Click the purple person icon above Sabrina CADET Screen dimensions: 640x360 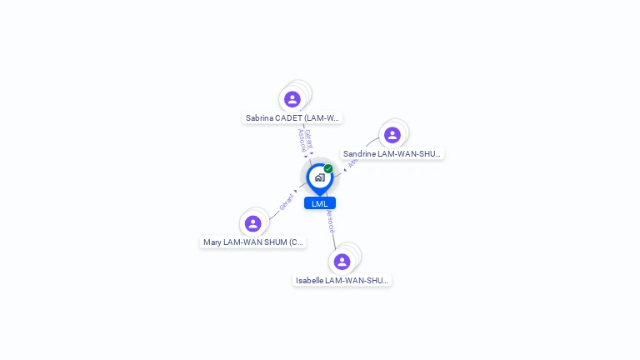[292, 99]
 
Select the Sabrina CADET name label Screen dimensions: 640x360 [292, 118]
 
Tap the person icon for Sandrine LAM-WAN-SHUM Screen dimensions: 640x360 [392, 135]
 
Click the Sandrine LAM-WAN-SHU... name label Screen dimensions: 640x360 [392, 154]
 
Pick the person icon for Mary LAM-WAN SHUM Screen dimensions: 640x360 [252, 223]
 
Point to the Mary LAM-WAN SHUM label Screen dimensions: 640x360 [253, 242]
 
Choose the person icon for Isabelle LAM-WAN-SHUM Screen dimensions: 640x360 [342, 262]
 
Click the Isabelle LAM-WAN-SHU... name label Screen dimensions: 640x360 [342, 281]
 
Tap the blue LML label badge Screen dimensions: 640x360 [320, 203]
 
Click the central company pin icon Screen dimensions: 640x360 [319, 177]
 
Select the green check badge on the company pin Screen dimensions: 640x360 [328, 168]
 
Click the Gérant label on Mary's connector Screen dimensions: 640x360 [286, 202]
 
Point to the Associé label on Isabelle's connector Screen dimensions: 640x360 [331, 220]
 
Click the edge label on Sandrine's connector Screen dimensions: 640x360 [353, 162]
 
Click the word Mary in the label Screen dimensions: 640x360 [213, 242]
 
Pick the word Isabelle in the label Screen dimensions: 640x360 [309, 281]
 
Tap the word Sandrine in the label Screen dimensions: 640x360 [360, 154]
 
